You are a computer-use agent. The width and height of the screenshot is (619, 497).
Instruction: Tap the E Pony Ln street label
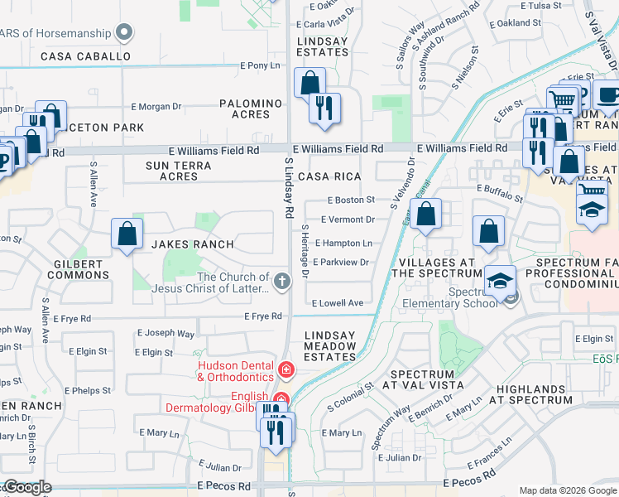pyautogui.click(x=259, y=65)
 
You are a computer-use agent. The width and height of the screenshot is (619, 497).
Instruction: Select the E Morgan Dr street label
pyautogui.click(x=156, y=106)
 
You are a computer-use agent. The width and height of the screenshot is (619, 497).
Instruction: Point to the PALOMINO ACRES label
pyautogui.click(x=251, y=109)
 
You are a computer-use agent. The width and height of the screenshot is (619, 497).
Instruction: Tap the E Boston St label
pyautogui.click(x=351, y=200)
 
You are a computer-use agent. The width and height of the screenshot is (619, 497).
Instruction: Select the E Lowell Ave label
pyautogui.click(x=338, y=303)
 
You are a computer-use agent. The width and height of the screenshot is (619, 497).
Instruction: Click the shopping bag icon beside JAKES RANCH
pyautogui.click(x=127, y=234)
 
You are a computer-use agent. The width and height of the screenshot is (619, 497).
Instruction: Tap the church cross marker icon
pyautogui.click(x=283, y=282)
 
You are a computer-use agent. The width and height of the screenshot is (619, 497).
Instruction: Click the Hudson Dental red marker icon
pyautogui.click(x=286, y=369)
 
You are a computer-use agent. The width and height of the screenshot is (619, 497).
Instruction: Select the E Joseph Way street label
pyautogui.click(x=170, y=334)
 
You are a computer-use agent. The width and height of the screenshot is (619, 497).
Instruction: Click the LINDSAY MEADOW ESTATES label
pyautogui.click(x=330, y=346)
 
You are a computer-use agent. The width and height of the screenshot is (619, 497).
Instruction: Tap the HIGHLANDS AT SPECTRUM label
pyautogui.click(x=534, y=394)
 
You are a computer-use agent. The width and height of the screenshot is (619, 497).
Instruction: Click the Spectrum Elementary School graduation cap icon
pyautogui.click(x=499, y=280)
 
